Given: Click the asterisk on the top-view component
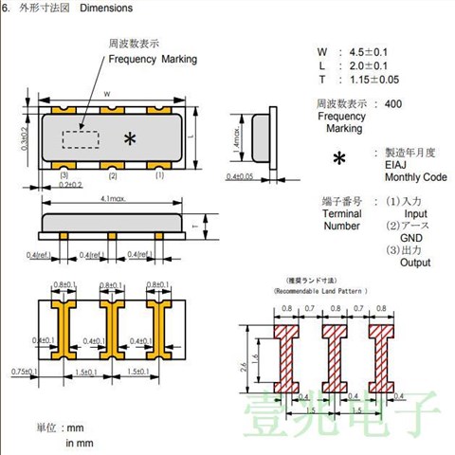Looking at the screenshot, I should [x=130, y=138].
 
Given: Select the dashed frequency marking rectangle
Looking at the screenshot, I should [x=80, y=139].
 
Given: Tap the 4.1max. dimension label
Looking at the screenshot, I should [x=113, y=197].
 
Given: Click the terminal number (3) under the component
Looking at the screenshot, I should [x=64, y=176].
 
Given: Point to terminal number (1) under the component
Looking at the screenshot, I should [x=160, y=176].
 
